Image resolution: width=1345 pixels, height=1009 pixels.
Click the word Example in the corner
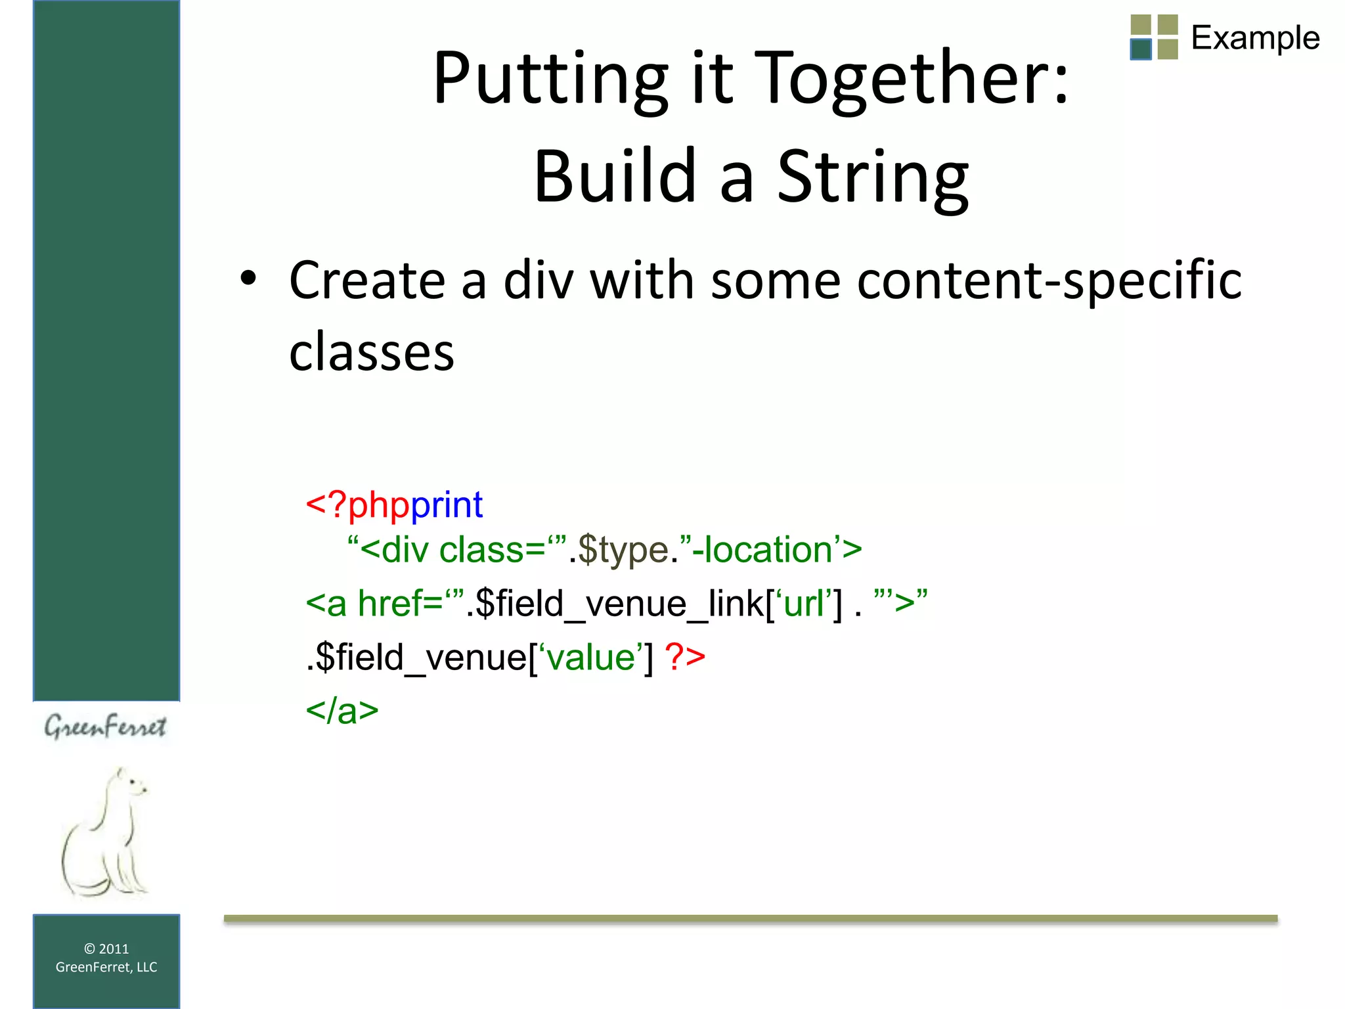point(1255,37)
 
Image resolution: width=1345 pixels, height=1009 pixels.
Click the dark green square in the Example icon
point(1141,49)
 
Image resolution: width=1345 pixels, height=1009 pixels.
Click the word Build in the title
point(615,176)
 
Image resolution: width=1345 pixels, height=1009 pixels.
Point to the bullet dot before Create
point(248,279)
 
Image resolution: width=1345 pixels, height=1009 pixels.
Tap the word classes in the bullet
point(371,352)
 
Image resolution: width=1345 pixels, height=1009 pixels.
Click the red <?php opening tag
point(357,504)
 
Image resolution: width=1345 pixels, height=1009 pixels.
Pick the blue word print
point(447,504)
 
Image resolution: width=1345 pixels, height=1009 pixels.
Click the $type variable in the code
point(623,550)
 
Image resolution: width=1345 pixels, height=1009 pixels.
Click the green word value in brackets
point(590,657)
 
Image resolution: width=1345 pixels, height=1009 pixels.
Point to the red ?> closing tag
point(684,657)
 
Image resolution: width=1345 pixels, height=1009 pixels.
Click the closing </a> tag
point(342,711)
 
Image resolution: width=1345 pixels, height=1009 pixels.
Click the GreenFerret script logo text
point(105,727)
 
